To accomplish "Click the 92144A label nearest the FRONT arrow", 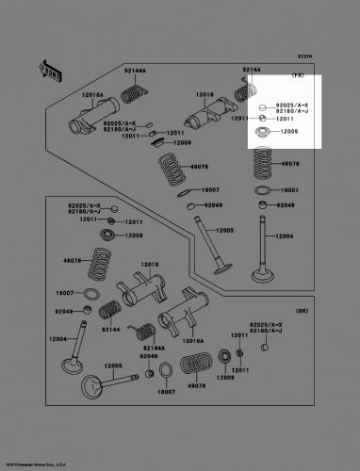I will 137,71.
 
